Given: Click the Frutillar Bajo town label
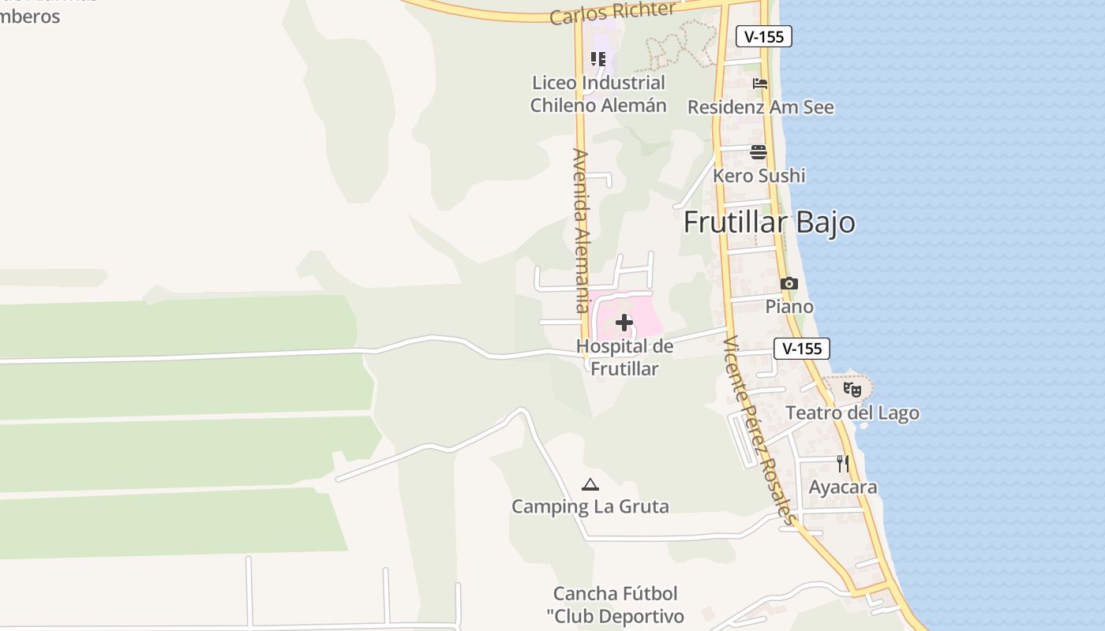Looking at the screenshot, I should (769, 222).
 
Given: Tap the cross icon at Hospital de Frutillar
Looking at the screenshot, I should (624, 322).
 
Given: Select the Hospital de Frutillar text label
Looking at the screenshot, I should (624, 357).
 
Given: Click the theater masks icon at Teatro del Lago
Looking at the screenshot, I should (852, 389).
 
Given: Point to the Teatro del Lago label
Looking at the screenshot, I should (852, 413).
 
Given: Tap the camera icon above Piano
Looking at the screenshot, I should (788, 284).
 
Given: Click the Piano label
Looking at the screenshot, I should (789, 306).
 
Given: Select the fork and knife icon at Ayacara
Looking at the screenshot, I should (843, 464).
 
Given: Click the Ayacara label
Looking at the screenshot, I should (843, 487).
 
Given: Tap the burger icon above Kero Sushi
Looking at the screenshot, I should (759, 152).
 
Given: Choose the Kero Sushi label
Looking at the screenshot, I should (759, 175).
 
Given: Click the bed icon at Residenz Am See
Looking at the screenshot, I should (760, 84).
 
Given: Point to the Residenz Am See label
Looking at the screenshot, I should (760, 107).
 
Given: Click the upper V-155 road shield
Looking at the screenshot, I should (763, 36).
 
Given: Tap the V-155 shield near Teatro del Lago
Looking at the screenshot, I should (802, 349).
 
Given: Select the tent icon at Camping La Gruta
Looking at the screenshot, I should (590, 484).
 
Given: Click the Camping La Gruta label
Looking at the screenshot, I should (590, 506).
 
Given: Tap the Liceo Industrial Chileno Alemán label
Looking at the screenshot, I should (598, 94).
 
